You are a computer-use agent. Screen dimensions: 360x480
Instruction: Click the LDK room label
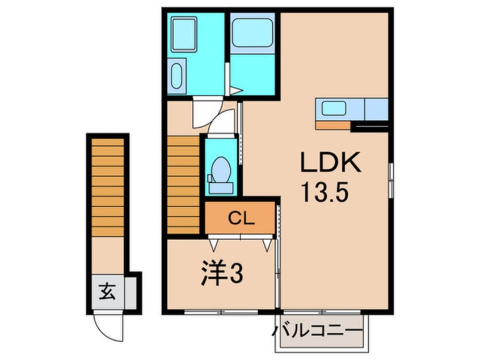(x=331, y=165)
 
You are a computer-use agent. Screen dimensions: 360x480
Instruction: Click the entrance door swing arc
(x=107, y=326)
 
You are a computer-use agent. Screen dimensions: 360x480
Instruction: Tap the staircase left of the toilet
(x=184, y=184)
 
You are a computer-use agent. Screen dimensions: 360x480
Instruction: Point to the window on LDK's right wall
(x=391, y=180)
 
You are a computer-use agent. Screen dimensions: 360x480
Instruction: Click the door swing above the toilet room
(x=220, y=122)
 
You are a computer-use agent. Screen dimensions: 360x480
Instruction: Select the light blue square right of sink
(x=376, y=109)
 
